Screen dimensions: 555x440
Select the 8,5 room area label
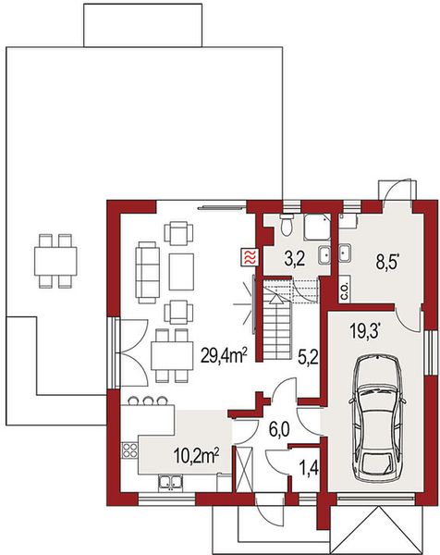coord(387,261)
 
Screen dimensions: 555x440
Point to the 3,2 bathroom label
coord(294,259)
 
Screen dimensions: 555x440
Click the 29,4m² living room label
coord(223,351)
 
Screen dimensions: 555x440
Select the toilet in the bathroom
coord(287,225)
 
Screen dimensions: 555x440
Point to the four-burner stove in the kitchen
coord(129,453)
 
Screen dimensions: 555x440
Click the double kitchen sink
coord(171,482)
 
